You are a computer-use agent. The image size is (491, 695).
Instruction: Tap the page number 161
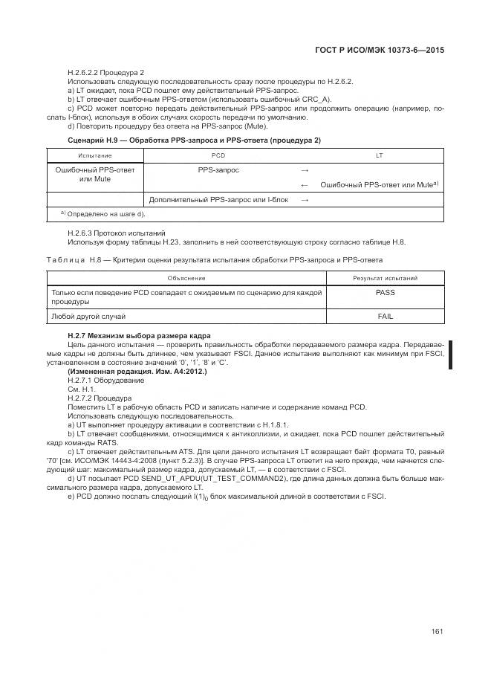[x=437, y=632]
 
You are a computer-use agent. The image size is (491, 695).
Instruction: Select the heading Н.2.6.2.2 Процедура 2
[x=105, y=72]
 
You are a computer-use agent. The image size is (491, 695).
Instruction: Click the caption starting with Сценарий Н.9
[x=194, y=140]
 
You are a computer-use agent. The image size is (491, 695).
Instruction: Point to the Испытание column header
[x=94, y=155]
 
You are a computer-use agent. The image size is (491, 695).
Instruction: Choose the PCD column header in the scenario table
[x=218, y=155]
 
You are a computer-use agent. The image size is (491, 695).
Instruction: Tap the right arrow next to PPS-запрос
[x=305, y=169]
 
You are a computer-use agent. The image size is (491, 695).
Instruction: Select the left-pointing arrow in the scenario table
[x=305, y=184]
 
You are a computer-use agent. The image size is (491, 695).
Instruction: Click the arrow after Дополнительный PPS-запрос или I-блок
[x=305, y=199]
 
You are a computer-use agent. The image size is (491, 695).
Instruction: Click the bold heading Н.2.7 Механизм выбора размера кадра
[x=139, y=336]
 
